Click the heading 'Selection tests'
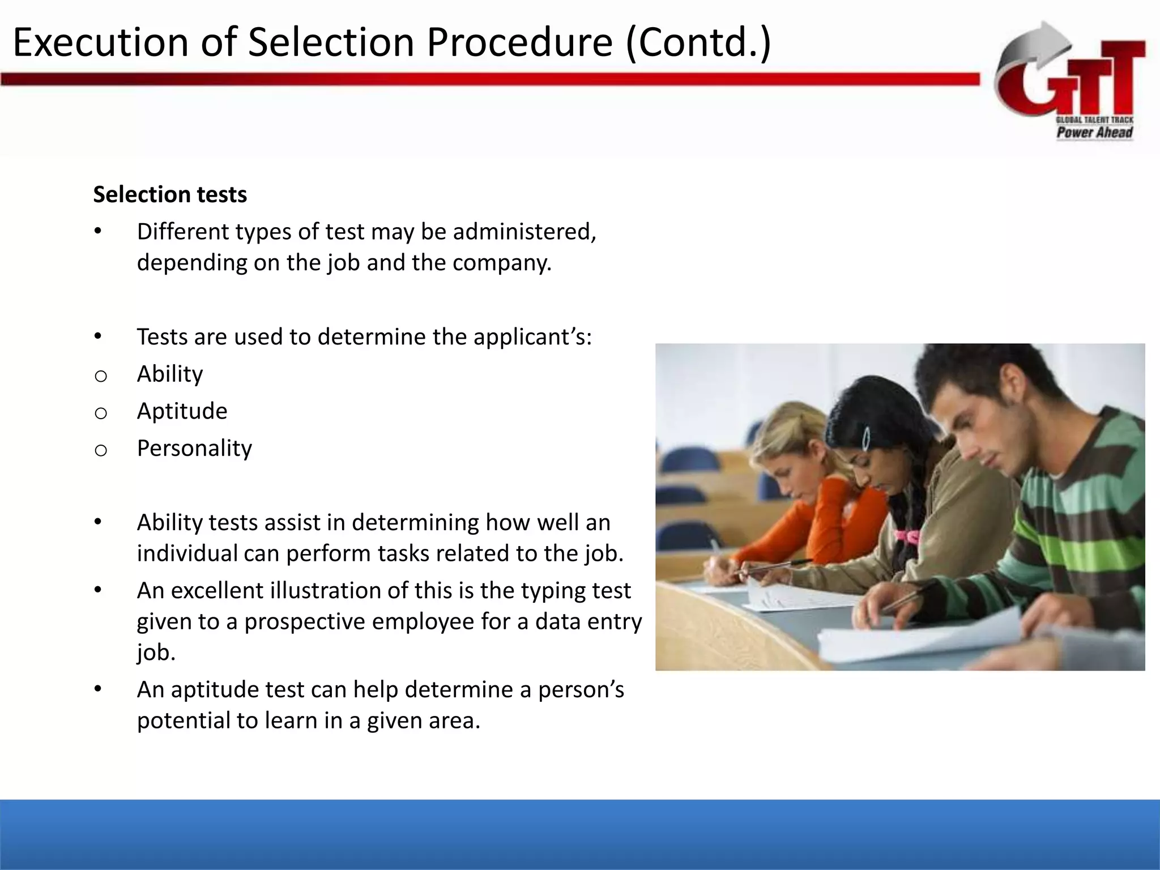tap(170, 194)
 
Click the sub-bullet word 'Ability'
tap(170, 374)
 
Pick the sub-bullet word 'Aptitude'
tap(182, 411)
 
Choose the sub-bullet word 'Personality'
tap(194, 448)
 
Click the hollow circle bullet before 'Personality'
tap(101, 451)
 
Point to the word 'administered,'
tap(524, 232)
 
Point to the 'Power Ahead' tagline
tap(1094, 133)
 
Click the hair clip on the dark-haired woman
tap(866, 438)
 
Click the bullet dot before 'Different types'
tap(98, 232)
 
